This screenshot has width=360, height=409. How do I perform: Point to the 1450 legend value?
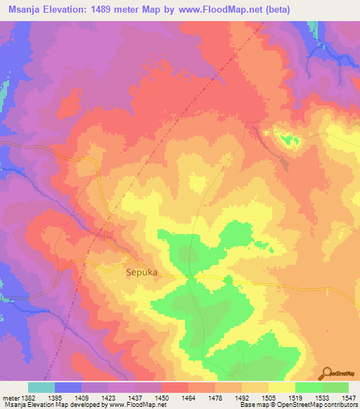pos(161,397)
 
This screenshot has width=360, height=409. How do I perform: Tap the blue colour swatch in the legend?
pos(68,387)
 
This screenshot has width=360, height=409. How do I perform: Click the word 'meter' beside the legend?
pos(10,397)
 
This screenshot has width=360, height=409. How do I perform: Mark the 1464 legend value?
pos(188,397)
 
